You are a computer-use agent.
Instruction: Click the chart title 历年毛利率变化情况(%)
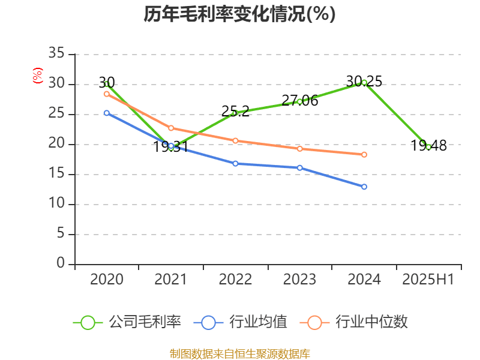[x=239, y=14]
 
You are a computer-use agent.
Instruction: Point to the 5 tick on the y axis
[x=60, y=234]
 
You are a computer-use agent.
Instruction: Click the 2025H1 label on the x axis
[x=428, y=280]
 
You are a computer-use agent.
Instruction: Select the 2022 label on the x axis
[x=235, y=280]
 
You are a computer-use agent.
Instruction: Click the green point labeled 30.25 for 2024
[x=364, y=82]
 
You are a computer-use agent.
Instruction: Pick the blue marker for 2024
[x=364, y=187]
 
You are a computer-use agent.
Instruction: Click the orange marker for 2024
[x=364, y=154]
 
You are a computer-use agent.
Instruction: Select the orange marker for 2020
[x=106, y=94]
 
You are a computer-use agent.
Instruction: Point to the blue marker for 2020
[x=106, y=113]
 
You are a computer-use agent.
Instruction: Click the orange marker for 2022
[x=235, y=140]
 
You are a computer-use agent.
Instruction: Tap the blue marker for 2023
[x=299, y=167]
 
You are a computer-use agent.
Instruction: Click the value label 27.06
[x=300, y=101]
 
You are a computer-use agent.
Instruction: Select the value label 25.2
[x=235, y=111]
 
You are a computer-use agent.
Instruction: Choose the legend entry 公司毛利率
[x=127, y=322]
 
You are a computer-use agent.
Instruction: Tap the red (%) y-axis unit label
[x=37, y=76]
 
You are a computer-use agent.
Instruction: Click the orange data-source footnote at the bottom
[x=239, y=353]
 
